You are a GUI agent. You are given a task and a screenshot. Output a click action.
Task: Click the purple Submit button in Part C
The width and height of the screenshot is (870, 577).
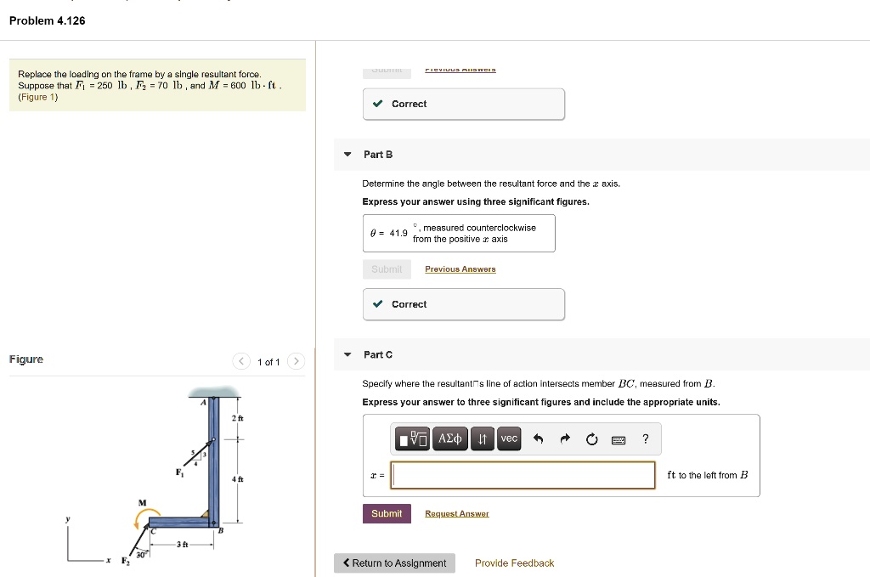click(387, 513)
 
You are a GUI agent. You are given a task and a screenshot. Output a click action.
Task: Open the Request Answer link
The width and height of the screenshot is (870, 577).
click(456, 513)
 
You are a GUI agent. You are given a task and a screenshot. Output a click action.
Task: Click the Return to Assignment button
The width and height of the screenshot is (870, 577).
click(394, 563)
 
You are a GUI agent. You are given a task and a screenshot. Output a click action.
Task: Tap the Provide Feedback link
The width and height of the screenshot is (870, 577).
click(514, 563)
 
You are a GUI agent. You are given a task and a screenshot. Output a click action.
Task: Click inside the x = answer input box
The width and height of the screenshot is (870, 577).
click(523, 475)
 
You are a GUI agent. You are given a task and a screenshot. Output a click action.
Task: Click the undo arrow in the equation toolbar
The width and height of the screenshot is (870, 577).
click(538, 439)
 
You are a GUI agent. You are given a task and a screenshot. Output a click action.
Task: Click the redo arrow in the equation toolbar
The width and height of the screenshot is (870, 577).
click(564, 439)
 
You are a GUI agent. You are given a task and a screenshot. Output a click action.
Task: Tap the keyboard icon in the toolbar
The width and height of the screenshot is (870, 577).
click(619, 439)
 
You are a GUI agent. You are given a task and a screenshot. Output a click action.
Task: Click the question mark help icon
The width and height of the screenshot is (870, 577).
click(646, 438)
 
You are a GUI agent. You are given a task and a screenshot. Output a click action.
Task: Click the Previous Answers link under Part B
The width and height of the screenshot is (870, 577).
click(460, 269)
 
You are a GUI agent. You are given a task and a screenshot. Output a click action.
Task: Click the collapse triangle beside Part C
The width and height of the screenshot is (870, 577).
click(347, 354)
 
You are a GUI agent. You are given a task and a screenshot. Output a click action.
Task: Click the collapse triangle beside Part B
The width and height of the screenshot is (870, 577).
click(347, 155)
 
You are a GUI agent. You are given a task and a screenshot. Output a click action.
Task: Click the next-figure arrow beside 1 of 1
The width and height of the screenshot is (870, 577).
click(295, 362)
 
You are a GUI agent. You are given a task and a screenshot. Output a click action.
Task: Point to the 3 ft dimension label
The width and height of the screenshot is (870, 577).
click(181, 544)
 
